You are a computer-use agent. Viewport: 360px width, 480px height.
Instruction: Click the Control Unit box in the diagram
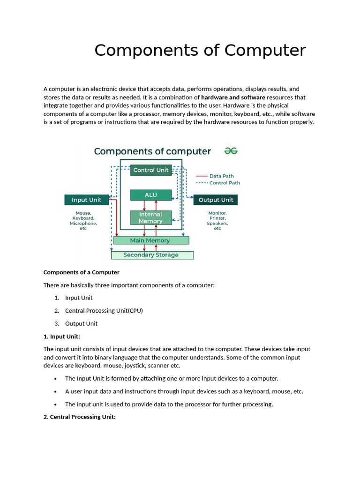point(150,170)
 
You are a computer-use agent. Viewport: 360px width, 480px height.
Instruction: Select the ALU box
point(150,195)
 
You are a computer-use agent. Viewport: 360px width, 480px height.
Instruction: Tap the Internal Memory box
point(150,217)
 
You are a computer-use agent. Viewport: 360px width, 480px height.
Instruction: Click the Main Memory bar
point(151,240)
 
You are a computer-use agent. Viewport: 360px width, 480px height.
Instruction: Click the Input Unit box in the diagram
point(86,200)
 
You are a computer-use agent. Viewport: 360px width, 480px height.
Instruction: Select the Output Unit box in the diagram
point(216,200)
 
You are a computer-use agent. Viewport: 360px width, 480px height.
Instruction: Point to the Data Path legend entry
point(221,176)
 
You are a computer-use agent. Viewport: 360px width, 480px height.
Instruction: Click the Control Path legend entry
point(224,183)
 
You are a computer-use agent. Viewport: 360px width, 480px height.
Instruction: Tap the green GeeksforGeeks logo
point(231,150)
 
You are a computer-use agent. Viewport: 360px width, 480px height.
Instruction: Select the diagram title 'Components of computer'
point(152,151)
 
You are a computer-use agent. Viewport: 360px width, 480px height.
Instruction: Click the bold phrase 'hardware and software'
point(233,97)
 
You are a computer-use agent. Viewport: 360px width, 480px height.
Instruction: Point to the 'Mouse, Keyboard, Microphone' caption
point(83,221)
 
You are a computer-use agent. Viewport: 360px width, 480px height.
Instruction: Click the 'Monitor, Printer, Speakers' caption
point(217,221)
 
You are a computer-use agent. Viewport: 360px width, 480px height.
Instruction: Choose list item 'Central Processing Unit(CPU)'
point(104,310)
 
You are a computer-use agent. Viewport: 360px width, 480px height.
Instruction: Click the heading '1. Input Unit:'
point(62,336)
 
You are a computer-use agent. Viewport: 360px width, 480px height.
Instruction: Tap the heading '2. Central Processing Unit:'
point(79,417)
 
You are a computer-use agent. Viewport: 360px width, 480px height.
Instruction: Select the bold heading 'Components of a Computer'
point(82,272)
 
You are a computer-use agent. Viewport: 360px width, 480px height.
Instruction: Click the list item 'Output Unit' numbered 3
point(81,323)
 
